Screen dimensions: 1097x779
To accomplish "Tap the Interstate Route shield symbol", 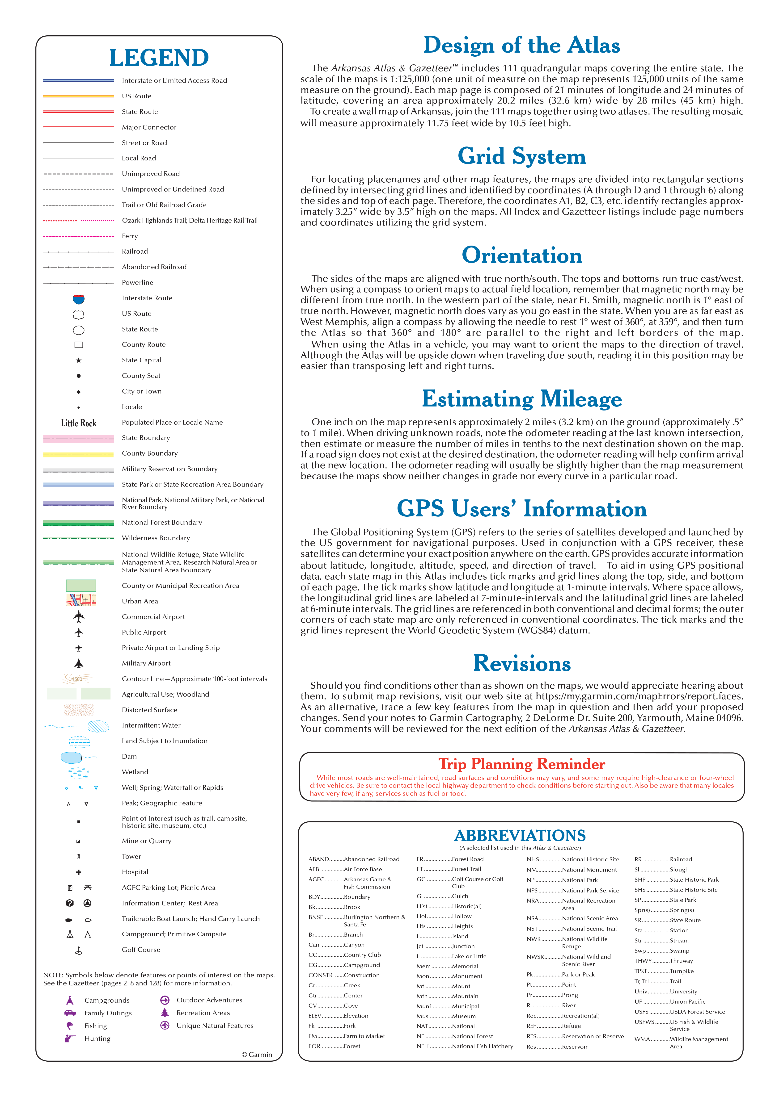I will [x=79, y=299].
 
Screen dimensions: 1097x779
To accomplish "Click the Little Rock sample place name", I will [x=79, y=423].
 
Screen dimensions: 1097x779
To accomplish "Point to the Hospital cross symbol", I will [x=79, y=872].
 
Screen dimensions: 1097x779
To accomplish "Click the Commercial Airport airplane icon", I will [x=79, y=617].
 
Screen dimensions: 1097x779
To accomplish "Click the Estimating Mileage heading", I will [x=521, y=399].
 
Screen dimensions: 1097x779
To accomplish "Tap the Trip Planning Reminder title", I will [x=521, y=763].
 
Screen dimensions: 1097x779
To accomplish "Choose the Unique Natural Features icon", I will [x=165, y=1026].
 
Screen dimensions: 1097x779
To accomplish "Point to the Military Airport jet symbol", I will [x=79, y=663].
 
